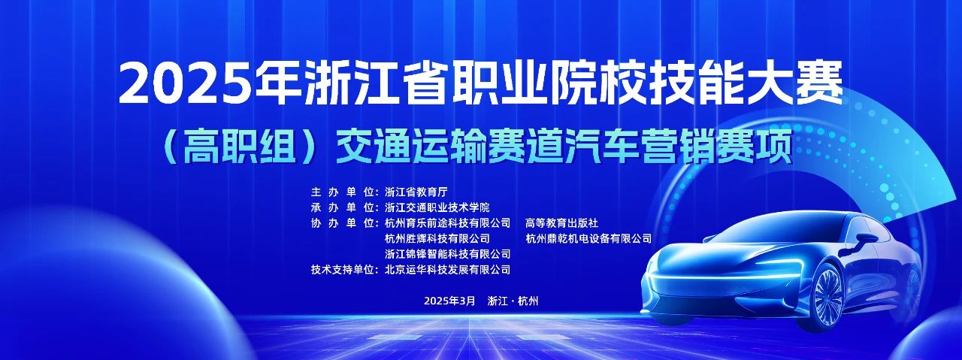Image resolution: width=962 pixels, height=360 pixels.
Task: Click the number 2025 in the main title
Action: click(x=186, y=83)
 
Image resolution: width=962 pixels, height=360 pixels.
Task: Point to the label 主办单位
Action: click(x=343, y=192)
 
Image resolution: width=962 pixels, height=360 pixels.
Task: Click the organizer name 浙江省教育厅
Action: click(x=416, y=192)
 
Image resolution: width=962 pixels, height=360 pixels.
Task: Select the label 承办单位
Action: click(x=343, y=207)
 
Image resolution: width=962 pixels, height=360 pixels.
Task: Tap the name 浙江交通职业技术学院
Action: click(x=437, y=207)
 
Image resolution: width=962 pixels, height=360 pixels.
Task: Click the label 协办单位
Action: click(x=343, y=223)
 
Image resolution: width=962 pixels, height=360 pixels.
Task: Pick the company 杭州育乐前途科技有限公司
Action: click(x=448, y=223)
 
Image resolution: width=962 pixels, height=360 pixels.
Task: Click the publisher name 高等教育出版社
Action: click(x=561, y=223)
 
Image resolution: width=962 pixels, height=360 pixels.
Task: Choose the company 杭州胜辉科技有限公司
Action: click(x=437, y=238)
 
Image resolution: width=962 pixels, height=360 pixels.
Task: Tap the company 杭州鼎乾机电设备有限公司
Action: click(x=588, y=238)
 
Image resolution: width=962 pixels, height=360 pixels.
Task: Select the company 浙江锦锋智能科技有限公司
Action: click(x=448, y=254)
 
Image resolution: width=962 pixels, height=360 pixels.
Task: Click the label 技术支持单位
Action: click(x=343, y=270)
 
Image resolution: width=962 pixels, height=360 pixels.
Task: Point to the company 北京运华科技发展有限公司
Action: click(x=448, y=270)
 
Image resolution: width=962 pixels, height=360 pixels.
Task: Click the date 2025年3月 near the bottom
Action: click(x=449, y=301)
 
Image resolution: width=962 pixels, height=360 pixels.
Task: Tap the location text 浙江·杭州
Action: click(x=513, y=301)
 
